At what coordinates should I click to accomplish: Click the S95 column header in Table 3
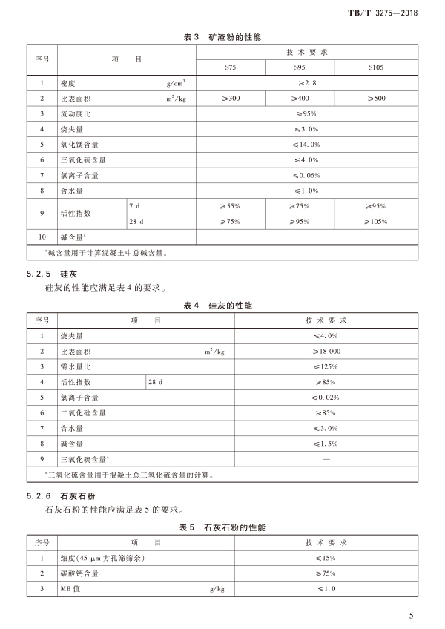pos(300,67)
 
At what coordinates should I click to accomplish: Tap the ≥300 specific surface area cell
pos(231,99)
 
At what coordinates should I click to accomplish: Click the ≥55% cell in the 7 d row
pos(231,205)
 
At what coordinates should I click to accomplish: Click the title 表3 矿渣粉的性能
pos(222,36)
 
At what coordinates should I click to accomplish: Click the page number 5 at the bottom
pos(411,615)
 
